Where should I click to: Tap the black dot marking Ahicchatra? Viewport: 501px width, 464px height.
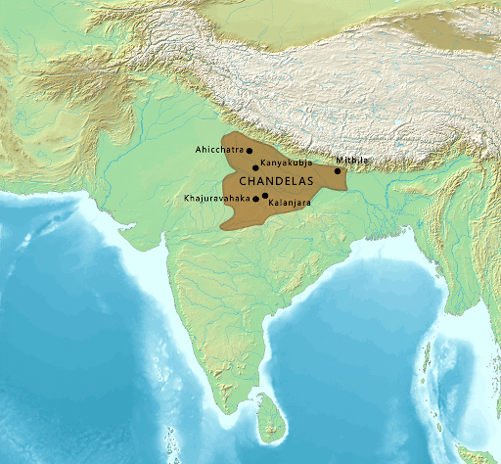coord(250,151)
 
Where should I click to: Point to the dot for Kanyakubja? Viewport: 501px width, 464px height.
coord(255,167)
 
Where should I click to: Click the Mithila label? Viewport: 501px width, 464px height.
coord(350,159)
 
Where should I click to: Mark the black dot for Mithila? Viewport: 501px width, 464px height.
coord(338,171)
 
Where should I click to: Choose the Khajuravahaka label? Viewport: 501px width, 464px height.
coord(216,198)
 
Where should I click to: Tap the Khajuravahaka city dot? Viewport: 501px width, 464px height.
coord(256,199)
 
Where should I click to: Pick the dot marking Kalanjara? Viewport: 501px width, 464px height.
coord(265,196)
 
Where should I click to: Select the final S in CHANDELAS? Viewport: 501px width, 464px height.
coord(311,182)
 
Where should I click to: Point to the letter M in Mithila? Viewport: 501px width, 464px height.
coord(339,159)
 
